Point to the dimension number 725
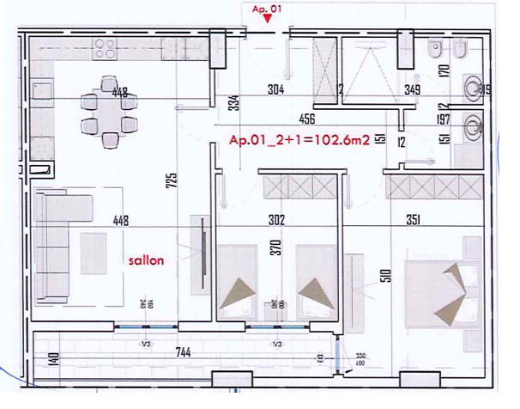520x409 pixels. pyautogui.click(x=172, y=181)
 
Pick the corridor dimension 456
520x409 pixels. pyautogui.click(x=308, y=119)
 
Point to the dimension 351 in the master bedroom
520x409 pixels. pyautogui.click(x=413, y=220)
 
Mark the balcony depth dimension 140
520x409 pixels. pyautogui.click(x=53, y=358)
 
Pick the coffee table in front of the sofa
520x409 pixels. pyautogui.click(x=94, y=253)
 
